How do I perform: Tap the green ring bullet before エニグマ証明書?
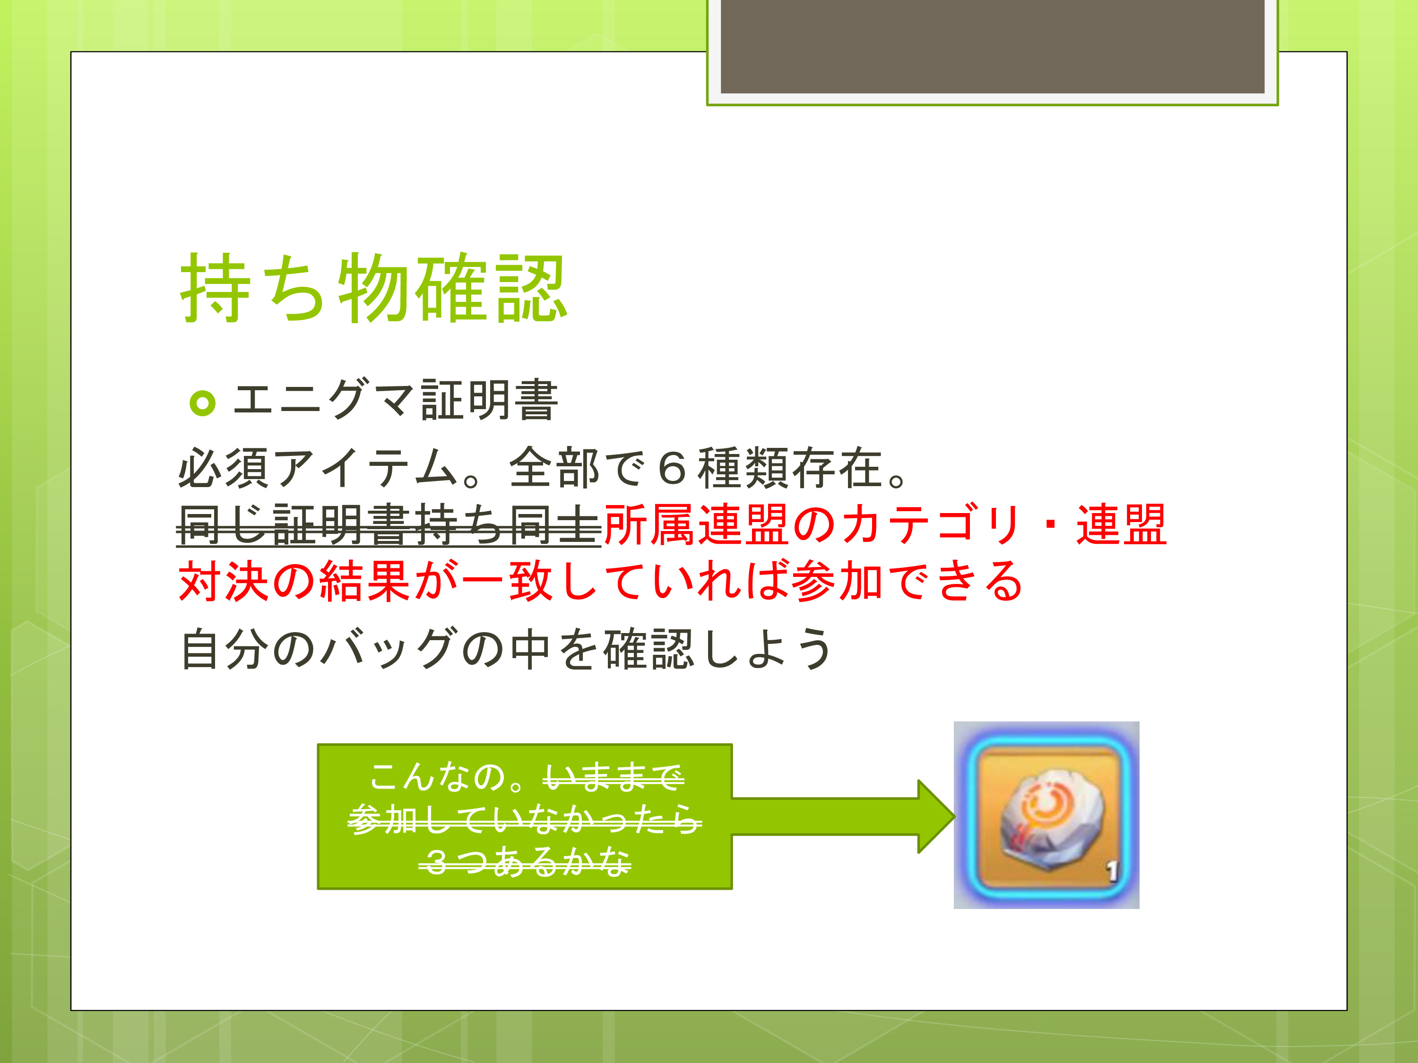point(203,403)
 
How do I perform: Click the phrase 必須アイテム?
point(318,468)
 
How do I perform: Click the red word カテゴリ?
point(930,524)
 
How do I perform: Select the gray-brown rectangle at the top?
point(992,46)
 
